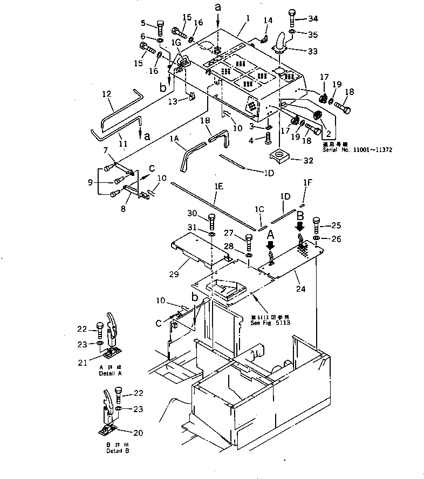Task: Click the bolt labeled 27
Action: point(249,239)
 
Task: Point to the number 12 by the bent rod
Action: point(106,94)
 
